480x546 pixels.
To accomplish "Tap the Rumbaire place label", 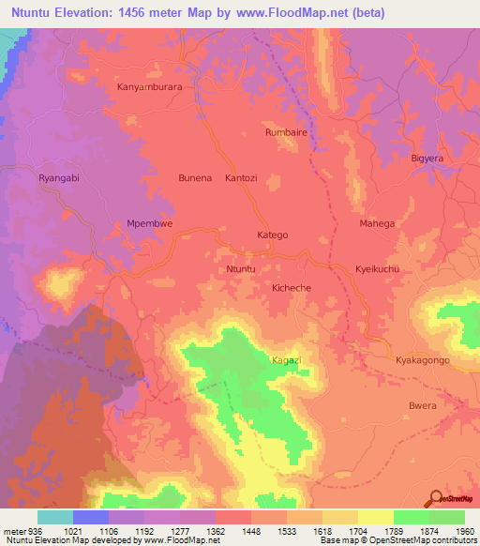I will pos(287,132).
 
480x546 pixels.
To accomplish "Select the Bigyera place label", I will pos(427,158).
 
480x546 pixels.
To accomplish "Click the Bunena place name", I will pos(195,177).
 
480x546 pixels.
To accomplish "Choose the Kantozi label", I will pos(241,177).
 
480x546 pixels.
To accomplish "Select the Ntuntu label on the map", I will pos(241,269).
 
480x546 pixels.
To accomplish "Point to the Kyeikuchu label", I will pos(378,269).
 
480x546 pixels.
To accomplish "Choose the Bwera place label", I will pos(424,406).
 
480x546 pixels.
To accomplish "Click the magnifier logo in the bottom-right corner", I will pos(437,497).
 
